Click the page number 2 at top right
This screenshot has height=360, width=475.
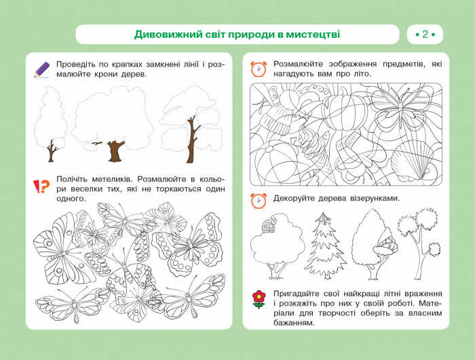425,35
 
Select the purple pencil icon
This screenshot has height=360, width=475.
42,70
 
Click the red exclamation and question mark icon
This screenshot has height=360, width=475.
41,186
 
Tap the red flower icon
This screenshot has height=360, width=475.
259,299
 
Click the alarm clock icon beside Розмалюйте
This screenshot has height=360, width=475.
259,69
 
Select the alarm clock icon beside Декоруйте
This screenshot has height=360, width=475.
259,201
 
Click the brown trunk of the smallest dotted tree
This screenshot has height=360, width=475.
52,151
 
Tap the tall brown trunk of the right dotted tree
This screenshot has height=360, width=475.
192,139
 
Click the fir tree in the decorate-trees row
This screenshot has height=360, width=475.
325,245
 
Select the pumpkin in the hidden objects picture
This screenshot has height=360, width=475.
347,108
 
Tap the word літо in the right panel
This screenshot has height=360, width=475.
362,74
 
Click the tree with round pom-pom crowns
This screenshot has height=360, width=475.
419,242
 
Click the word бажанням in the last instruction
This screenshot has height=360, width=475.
294,323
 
